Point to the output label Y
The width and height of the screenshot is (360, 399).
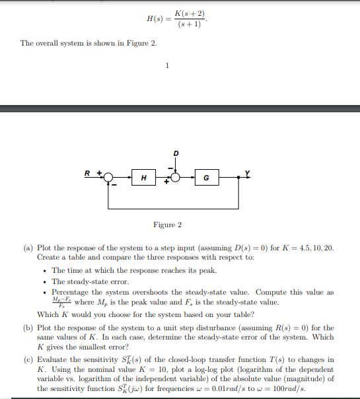pos(248,173)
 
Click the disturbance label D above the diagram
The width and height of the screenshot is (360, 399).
pos(176,153)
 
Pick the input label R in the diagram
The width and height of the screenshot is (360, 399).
pos(87,173)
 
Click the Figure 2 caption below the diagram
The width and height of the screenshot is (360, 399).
pos(168,225)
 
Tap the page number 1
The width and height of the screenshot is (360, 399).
pos(168,65)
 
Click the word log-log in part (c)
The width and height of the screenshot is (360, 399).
pos(186,370)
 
